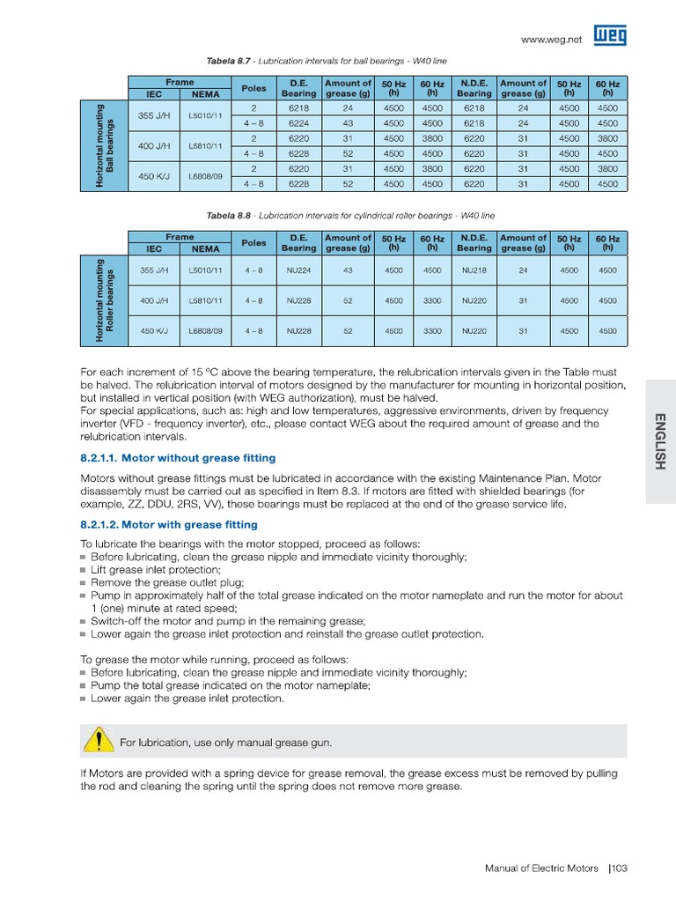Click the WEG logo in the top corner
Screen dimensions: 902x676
[x=610, y=36]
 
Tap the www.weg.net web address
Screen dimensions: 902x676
[x=552, y=40]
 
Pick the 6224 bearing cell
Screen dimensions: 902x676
[x=298, y=123]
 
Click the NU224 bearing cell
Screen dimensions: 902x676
[x=298, y=270]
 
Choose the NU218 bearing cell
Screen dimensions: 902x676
[x=474, y=270]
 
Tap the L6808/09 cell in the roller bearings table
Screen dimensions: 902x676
[x=205, y=330]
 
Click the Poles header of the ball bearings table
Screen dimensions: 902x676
[x=253, y=88]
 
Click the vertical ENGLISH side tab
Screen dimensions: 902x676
[x=660, y=440]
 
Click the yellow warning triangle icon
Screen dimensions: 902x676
[x=100, y=742]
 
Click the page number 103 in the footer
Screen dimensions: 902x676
[x=617, y=869]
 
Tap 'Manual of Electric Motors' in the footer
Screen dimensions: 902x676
[x=541, y=869]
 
